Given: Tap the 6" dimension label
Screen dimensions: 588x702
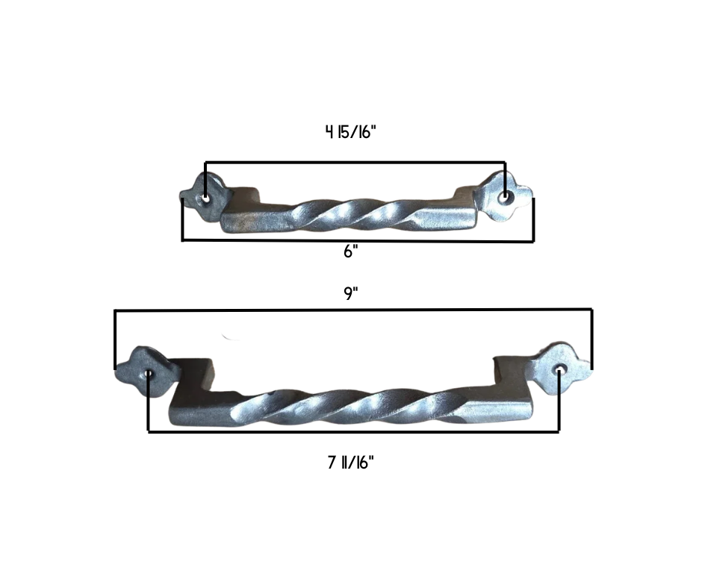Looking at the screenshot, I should [351, 251].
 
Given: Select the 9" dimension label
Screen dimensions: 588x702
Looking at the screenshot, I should [351, 293].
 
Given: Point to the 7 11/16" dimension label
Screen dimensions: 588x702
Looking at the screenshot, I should [350, 463].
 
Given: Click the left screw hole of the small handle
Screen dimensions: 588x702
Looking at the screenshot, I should [205, 198].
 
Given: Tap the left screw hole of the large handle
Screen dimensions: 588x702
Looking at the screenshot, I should [149, 373].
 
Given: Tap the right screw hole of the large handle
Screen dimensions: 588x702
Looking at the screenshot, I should [559, 370].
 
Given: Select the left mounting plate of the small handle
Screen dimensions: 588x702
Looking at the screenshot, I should [202, 196].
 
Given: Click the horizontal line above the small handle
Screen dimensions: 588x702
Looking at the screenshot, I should [355, 162].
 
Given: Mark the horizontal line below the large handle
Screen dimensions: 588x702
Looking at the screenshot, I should [354, 431].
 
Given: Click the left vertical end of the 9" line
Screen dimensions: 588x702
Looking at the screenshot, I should [115, 340].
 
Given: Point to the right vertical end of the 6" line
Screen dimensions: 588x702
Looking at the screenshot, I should [533, 220].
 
